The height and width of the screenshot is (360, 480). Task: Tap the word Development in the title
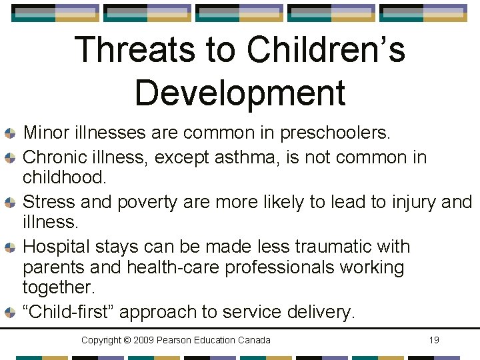pos(240,92)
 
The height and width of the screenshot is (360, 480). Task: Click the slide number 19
pos(433,340)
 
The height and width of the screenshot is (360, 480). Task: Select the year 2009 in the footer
pos(145,340)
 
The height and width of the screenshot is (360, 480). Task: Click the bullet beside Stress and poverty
pos(10,202)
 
